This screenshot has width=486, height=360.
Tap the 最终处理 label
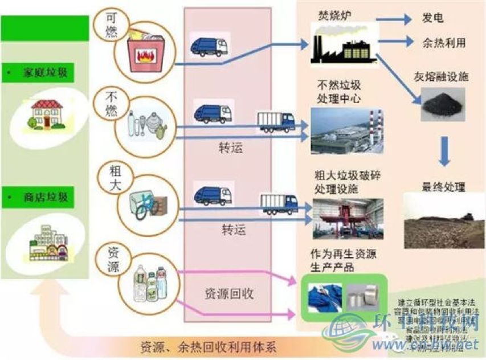click(x=443, y=186)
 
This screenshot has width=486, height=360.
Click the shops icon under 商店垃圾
click(x=47, y=242)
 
